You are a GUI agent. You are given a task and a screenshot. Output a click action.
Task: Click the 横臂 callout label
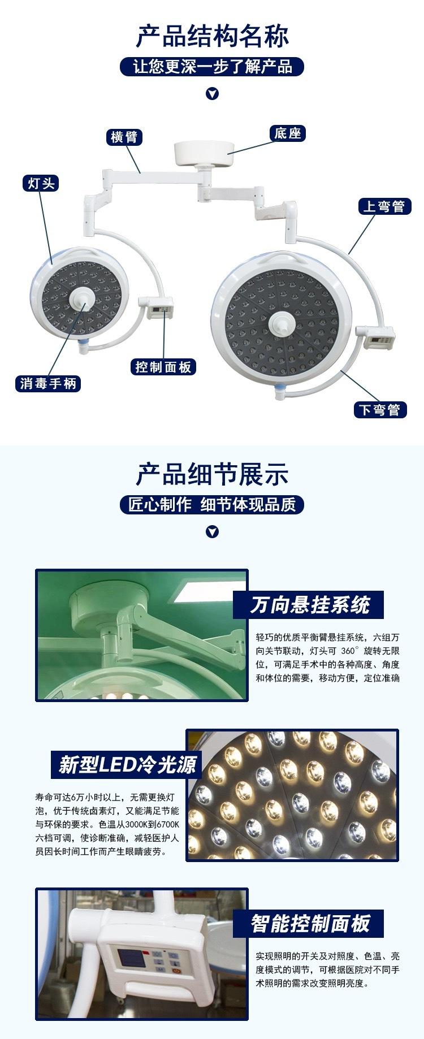[124, 137]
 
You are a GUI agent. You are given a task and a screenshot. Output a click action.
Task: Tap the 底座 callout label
[287, 133]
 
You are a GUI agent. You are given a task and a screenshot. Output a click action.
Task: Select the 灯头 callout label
[41, 183]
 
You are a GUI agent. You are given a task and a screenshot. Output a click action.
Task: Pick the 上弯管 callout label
[384, 206]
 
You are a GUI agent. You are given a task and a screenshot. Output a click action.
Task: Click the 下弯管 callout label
[379, 410]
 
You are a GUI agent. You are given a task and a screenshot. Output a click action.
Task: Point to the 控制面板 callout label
[163, 367]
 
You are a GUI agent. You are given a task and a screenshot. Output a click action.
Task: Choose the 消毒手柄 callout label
[48, 384]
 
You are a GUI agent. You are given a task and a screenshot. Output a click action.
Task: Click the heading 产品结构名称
[212, 36]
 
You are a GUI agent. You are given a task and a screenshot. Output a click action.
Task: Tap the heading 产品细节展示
[212, 474]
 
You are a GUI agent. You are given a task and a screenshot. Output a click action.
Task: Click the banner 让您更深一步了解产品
[212, 67]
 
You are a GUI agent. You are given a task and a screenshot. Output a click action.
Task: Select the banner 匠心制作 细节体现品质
[212, 504]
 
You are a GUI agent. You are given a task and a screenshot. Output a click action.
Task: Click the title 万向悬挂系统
[309, 605]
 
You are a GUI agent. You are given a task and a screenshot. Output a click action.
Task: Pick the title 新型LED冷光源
[127, 765]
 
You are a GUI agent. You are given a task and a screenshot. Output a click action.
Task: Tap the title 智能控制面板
[310, 924]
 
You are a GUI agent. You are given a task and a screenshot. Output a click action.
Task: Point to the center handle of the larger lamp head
[281, 323]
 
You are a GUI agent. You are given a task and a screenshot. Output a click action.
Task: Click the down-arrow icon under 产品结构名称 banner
[212, 94]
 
